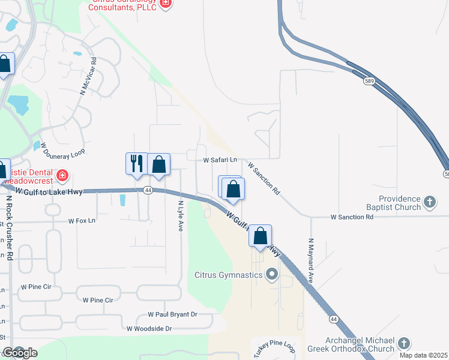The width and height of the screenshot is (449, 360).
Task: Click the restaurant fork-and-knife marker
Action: click(x=136, y=163)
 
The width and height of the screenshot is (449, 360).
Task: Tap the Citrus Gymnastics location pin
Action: click(x=272, y=275)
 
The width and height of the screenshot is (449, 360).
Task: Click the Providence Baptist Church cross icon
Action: click(x=429, y=202)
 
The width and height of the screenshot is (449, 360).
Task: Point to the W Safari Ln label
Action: click(x=220, y=160)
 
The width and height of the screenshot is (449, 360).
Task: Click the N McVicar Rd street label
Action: click(x=88, y=76)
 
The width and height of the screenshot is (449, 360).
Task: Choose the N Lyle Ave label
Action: click(x=179, y=216)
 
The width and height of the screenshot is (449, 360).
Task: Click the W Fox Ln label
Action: click(x=82, y=221)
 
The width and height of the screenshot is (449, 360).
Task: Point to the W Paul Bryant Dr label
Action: click(x=173, y=314)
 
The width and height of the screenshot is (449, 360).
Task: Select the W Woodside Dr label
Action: click(x=149, y=328)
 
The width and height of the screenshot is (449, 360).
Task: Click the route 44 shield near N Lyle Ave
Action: click(x=148, y=190)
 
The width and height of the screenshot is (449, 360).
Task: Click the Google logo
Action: click(x=20, y=353)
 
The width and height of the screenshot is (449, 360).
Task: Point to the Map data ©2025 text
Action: click(x=424, y=355)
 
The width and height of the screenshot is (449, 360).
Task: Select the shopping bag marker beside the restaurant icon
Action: click(x=159, y=164)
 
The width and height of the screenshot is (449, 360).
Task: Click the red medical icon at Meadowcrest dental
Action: click(x=62, y=176)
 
